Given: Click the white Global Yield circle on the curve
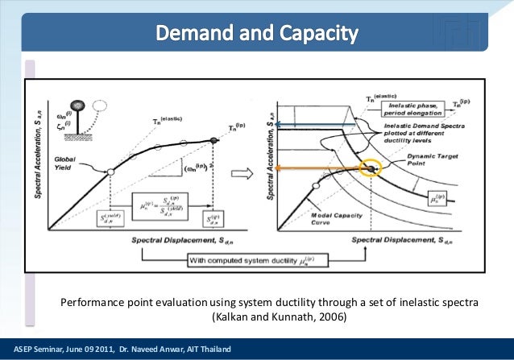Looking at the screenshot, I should click(110, 172).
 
